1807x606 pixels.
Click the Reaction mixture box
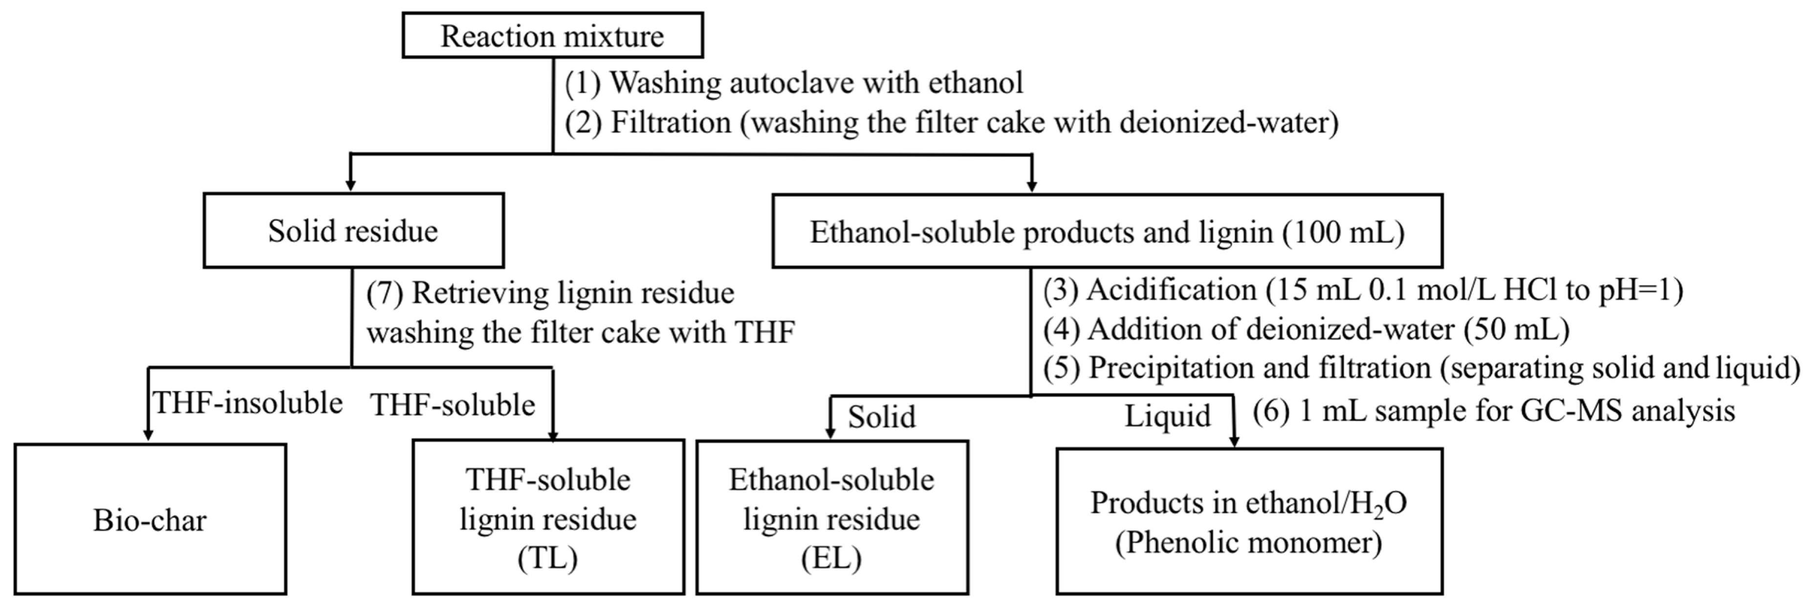tap(552, 36)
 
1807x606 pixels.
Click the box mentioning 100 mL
tap(1107, 232)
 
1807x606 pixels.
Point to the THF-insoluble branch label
tap(248, 403)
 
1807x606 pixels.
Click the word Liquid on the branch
tap(1167, 416)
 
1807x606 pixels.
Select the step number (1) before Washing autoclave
tap(583, 83)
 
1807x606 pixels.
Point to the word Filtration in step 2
tap(671, 123)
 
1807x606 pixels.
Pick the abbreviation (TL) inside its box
tap(548, 558)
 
